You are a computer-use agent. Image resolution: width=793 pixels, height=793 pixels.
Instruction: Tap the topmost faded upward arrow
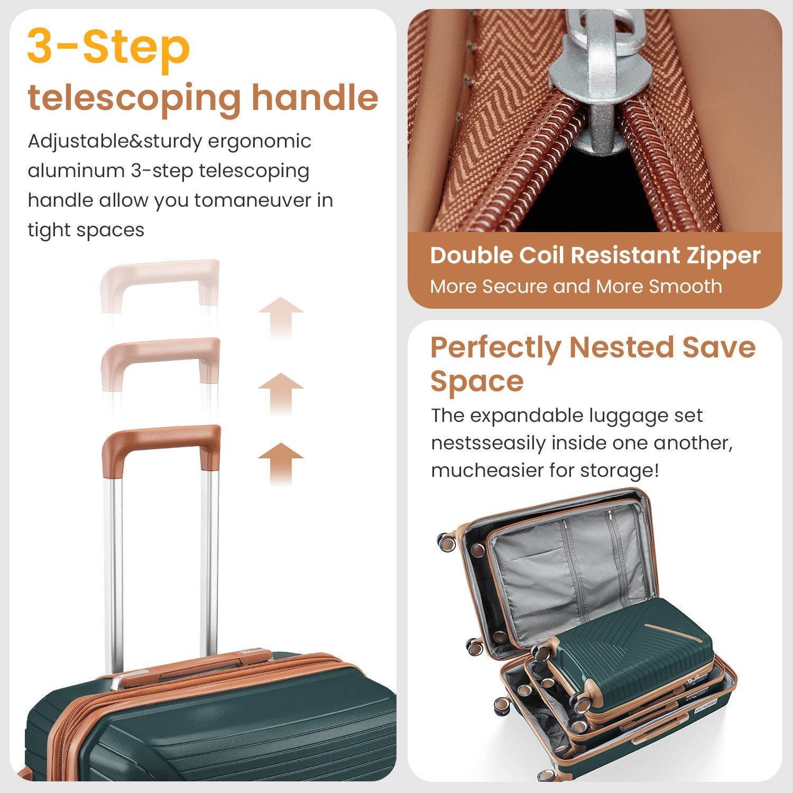281,317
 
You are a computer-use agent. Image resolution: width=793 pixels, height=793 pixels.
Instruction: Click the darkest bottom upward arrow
281,463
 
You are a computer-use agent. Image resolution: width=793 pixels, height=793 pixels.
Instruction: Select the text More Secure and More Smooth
576,287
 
